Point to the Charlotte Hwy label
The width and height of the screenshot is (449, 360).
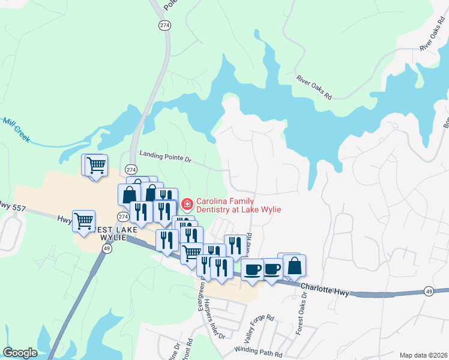[325, 289]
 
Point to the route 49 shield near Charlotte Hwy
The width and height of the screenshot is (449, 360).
[429, 291]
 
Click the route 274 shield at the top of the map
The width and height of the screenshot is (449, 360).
[164, 25]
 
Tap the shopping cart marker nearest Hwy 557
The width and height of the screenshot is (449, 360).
[83, 220]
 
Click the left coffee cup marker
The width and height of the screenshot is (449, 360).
[253, 269]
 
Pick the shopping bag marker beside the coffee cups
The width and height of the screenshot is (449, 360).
[294, 266]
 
